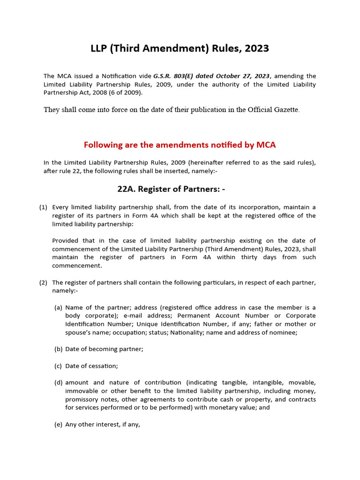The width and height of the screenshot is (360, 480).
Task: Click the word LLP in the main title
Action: click(99, 48)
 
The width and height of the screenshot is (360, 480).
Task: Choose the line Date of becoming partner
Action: click(104, 349)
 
